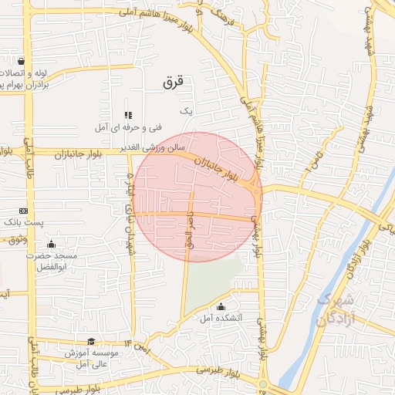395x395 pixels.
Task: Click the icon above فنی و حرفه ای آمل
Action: [128, 115]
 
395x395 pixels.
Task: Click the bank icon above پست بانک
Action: [23, 210]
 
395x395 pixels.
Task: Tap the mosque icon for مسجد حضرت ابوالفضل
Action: [51, 245]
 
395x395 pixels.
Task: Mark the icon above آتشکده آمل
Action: [221, 306]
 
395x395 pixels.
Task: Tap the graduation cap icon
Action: [91, 341]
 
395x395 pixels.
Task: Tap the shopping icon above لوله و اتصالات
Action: [20, 61]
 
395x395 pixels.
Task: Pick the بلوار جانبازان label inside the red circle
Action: [218, 167]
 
